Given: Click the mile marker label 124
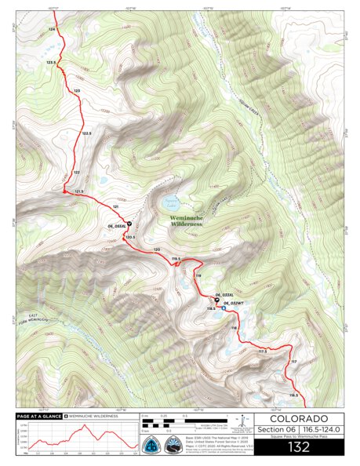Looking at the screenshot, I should (53, 28).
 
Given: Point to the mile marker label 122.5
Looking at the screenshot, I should (88, 134).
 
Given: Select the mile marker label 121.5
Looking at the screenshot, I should (78, 191).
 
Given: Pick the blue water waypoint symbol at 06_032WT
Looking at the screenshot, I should (224, 308).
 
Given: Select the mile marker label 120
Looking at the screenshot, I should (157, 249).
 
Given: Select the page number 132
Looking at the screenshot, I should (297, 447).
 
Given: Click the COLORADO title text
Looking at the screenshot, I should (297, 418).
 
